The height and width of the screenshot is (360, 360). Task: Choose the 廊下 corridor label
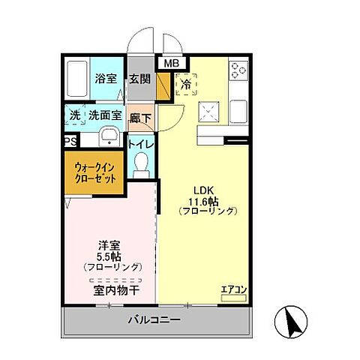[139, 118]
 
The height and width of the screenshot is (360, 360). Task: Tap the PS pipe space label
[70, 141]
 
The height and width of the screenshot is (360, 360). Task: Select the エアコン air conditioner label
[234, 289]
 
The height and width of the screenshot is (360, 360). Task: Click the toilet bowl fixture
[140, 164]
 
